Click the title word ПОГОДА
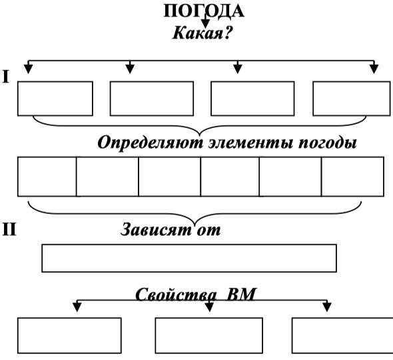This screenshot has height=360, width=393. point(204,11)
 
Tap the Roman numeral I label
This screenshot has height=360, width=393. point(5,77)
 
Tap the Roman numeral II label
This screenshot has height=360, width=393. point(9,229)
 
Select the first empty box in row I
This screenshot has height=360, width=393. point(55,99)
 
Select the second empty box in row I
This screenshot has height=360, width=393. point(152,99)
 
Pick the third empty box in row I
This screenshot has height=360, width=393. point(252,99)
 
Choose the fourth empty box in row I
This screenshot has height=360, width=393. point(352,99)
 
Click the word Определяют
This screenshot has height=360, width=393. point(150,143)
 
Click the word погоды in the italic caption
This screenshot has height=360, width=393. point(327,143)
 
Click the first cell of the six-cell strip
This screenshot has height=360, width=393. point(47,177)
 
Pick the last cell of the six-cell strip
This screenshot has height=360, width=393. point(352,177)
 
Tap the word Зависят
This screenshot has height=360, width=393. point(156,229)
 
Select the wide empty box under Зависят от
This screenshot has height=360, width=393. point(189,258)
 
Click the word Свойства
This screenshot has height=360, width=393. point(176,294)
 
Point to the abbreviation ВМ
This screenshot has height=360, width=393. point(240,294)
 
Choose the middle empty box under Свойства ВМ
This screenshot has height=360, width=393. point(208,335)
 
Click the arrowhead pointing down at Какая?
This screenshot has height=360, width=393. point(206,23)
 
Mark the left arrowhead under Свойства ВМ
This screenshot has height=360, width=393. point(77,307)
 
